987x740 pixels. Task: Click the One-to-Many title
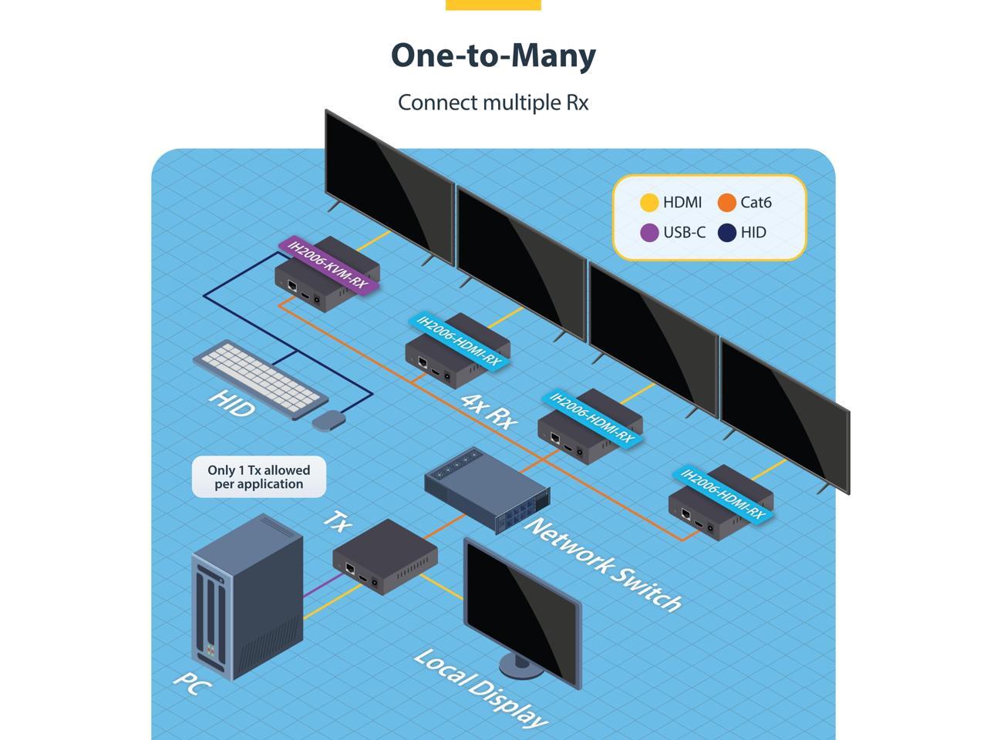[493, 56]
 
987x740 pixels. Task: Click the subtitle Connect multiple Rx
[493, 103]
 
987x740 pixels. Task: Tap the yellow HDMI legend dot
[649, 203]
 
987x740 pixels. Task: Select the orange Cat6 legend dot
[726, 203]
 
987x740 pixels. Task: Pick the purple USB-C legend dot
[649, 233]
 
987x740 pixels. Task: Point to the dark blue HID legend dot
[726, 233]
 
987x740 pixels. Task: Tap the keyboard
[261, 380]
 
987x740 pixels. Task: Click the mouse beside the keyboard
[328, 421]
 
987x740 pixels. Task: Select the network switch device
[487, 489]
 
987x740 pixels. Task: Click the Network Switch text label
[603, 564]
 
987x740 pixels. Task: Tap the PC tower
[248, 597]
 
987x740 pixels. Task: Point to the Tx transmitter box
[385, 557]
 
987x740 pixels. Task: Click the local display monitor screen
[522, 611]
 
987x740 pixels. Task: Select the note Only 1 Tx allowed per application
[259, 477]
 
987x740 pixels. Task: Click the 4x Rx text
[489, 412]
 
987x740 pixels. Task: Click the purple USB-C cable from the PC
[325, 585]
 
